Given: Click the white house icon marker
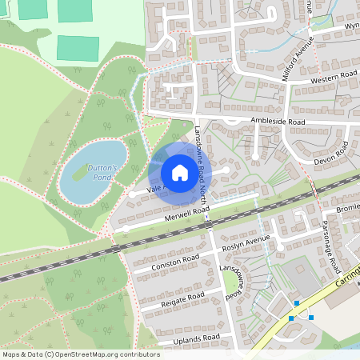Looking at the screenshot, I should coord(179,172).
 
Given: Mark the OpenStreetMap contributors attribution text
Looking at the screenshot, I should coord(81,354).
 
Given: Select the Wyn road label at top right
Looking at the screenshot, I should coord(351,26).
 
